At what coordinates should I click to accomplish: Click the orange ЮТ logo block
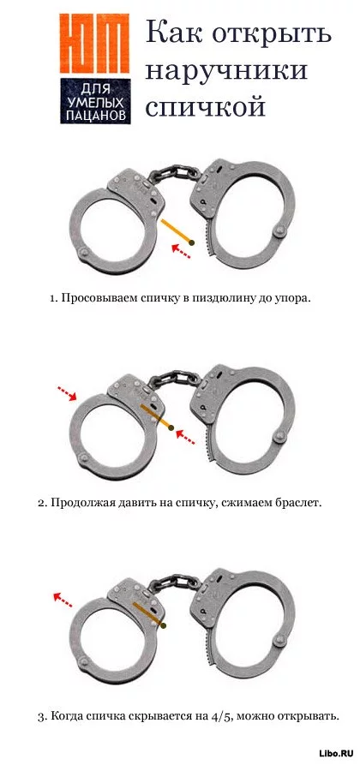(95, 43)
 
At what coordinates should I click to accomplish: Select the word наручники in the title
(226, 69)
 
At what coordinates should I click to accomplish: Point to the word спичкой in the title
(205, 105)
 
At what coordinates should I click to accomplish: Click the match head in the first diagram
(192, 242)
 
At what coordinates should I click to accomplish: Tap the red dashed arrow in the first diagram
(180, 252)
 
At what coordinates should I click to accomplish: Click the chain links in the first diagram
(173, 174)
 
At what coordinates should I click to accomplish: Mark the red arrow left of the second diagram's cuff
(67, 393)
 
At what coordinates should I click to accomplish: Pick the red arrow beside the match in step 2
(185, 436)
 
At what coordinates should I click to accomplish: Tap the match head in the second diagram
(171, 427)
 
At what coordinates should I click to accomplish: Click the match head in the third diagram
(163, 625)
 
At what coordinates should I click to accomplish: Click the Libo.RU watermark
(336, 753)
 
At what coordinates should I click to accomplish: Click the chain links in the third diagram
(173, 583)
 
